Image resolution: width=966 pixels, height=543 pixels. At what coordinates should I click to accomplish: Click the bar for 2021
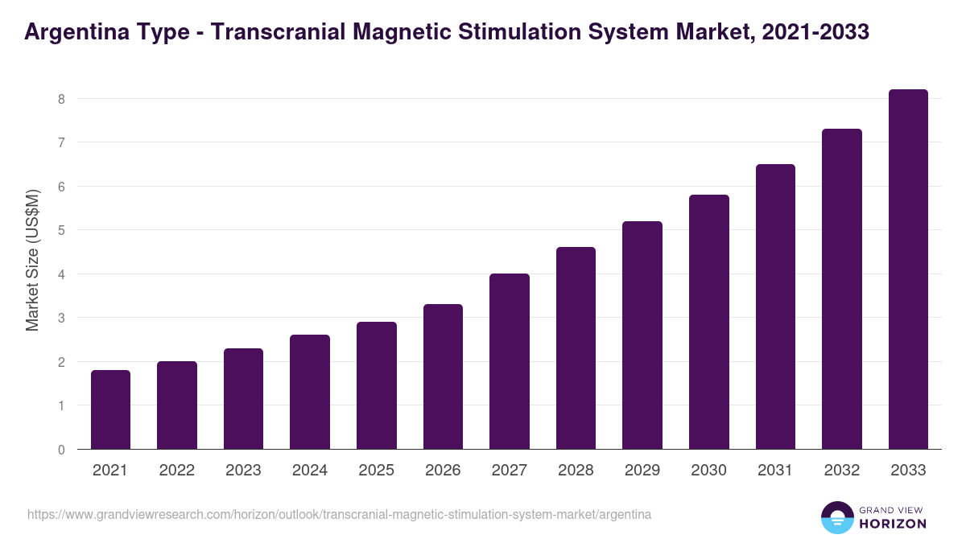pyautogui.click(x=110, y=409)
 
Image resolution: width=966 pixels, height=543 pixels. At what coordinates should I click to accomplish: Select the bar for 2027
pyautogui.click(x=510, y=361)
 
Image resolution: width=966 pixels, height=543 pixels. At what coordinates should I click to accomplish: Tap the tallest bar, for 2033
pyautogui.click(x=908, y=269)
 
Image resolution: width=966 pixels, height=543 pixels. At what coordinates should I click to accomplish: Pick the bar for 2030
pyautogui.click(x=709, y=322)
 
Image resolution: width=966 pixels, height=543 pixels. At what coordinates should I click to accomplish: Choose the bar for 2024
pyautogui.click(x=310, y=392)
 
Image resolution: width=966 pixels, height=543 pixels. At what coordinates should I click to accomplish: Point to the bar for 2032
pyautogui.click(x=842, y=289)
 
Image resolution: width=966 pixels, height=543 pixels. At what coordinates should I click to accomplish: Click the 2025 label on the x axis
pyautogui.click(x=377, y=471)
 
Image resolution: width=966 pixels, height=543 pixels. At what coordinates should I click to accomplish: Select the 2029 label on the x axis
pyautogui.click(x=642, y=471)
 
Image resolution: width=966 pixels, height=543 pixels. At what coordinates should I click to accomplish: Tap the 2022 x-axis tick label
pyautogui.click(x=177, y=471)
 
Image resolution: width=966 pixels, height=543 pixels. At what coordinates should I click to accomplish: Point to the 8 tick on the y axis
pyautogui.click(x=60, y=99)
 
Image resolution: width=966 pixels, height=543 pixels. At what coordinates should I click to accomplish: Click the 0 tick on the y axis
pyautogui.click(x=60, y=450)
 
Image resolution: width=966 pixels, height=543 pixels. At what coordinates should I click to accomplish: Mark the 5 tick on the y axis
pyautogui.click(x=60, y=230)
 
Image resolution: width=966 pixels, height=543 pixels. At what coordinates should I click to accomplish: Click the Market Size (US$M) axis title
pyautogui.click(x=32, y=259)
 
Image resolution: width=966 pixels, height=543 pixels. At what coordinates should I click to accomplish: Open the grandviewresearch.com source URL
pyautogui.click(x=339, y=514)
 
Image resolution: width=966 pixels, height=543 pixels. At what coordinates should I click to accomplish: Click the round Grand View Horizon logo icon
pyautogui.click(x=836, y=517)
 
